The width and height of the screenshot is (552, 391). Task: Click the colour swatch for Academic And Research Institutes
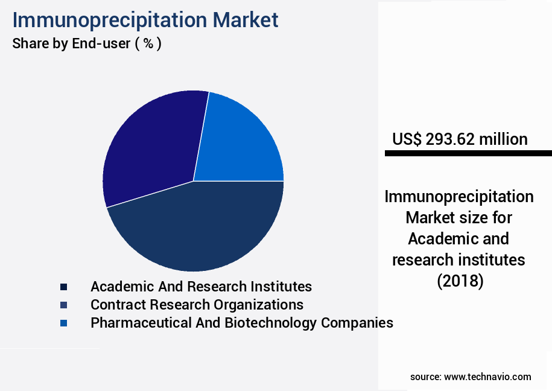[63, 287]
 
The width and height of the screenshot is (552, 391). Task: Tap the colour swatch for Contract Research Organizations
[63, 305]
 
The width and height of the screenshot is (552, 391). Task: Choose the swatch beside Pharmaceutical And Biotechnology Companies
[63, 323]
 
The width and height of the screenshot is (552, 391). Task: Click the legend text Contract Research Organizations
[197, 305]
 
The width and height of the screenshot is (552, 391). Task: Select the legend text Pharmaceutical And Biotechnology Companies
[241, 323]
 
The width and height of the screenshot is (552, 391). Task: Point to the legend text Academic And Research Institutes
[201, 287]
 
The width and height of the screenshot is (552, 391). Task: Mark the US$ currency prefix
[407, 139]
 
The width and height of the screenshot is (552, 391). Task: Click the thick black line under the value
[468, 154]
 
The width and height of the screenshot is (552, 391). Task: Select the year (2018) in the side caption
[459, 281]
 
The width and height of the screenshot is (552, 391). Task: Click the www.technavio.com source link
[487, 377]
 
